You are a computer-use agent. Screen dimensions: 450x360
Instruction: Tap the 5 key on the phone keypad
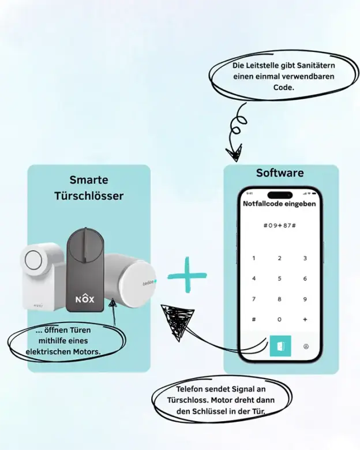pos(279,279)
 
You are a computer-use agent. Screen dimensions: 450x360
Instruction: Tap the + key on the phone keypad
pos(305,319)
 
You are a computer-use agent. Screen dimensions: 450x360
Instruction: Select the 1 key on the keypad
pos(254,258)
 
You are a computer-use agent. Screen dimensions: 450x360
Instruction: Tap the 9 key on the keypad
pos(305,299)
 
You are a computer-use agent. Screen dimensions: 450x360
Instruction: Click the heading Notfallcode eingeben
pos(279,204)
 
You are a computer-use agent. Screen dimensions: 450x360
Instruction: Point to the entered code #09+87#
pos(279,224)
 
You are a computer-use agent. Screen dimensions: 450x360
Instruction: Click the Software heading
pos(280,173)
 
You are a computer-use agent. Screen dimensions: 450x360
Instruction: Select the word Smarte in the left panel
pos(89,180)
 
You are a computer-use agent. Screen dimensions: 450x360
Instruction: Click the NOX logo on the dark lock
pos(85,300)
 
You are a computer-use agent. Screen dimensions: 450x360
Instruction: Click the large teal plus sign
pos(187,275)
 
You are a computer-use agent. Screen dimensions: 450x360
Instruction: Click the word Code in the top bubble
pos(284,87)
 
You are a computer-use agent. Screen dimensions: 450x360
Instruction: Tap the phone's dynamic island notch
pos(279,193)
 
